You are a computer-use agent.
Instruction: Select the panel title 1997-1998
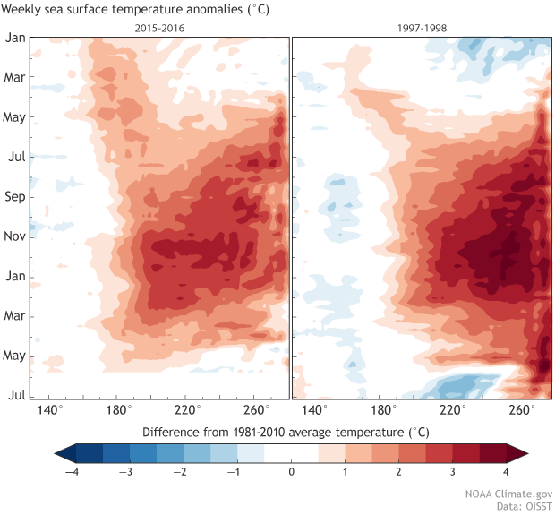click(422, 28)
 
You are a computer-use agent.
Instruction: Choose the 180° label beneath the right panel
click(383, 409)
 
